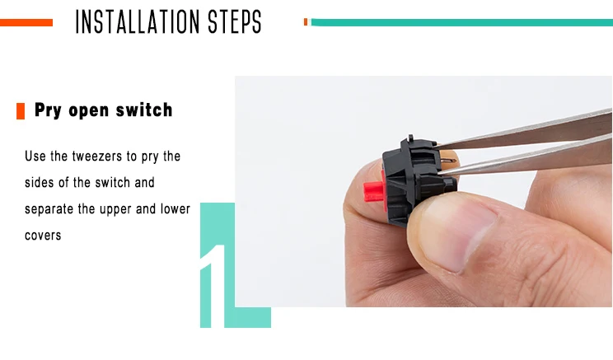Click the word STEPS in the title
[235, 22]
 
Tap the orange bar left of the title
[26, 23]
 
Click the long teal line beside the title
[462, 23]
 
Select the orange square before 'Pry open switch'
[21, 111]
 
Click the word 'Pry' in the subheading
[48, 110]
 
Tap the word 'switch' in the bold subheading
[144, 110]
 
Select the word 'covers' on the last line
[43, 236]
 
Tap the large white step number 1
[214, 286]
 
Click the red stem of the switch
[373, 191]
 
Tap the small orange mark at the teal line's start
[306, 22]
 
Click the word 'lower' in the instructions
[175, 208]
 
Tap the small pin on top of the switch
[410, 138]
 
